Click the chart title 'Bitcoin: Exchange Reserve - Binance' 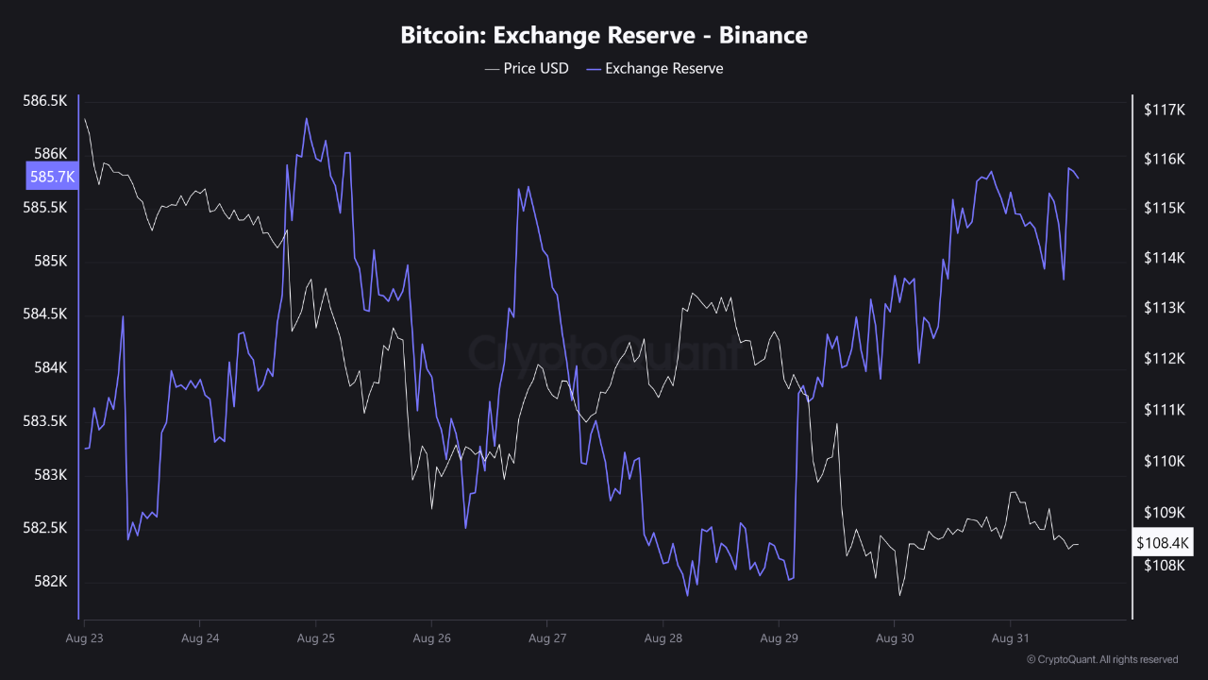point(604,36)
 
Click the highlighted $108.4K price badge point(1164,543)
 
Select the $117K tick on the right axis point(1164,110)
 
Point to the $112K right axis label point(1164,359)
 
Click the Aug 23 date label point(84,638)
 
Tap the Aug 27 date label point(547,638)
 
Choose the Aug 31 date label point(1011,638)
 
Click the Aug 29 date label point(779,638)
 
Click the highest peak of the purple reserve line point(307,118)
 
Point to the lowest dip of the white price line point(899,595)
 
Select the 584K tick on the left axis point(50,367)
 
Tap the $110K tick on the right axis point(1164,461)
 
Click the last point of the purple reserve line point(1078,178)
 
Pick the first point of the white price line point(85,119)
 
